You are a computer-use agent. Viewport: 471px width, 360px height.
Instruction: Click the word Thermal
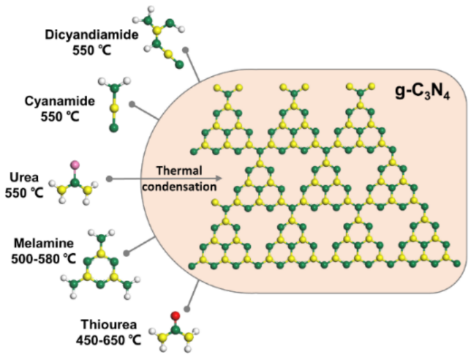point(180,171)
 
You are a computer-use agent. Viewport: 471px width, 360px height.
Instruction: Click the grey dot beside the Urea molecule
point(109,179)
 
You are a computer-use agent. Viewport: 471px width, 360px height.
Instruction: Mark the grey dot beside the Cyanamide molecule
point(131,103)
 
